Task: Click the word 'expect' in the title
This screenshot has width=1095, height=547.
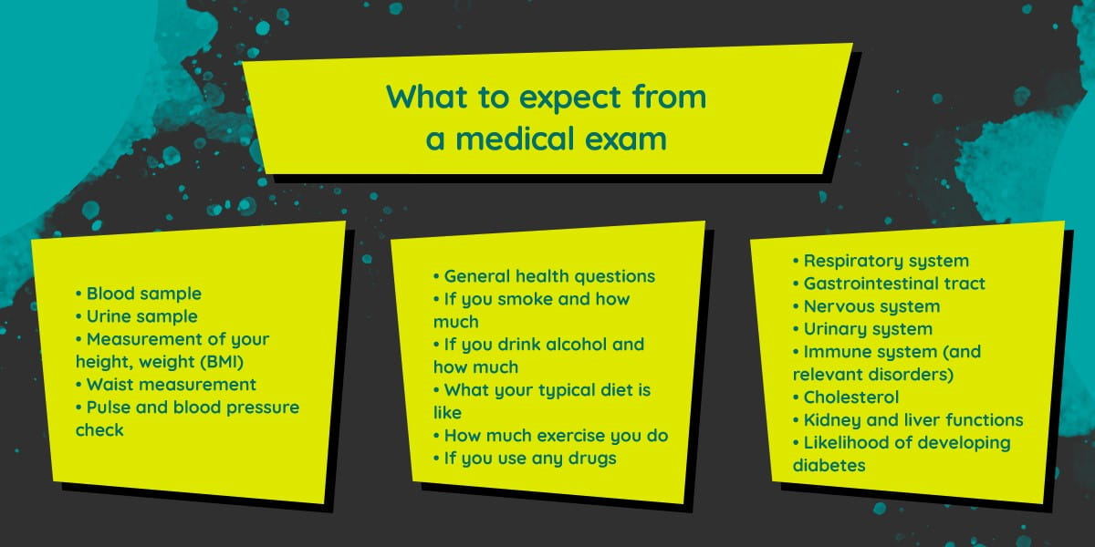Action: (x=569, y=98)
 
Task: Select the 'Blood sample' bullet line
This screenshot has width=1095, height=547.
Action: (x=139, y=294)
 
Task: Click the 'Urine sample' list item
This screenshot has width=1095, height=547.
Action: (x=136, y=316)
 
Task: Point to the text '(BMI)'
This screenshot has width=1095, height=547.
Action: (x=222, y=362)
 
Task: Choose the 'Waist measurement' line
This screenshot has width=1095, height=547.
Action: (x=166, y=385)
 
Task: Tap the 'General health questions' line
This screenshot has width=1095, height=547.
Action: (x=544, y=276)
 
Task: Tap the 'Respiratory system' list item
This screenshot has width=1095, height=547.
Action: (x=881, y=261)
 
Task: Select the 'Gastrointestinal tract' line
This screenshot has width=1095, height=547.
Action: (x=889, y=284)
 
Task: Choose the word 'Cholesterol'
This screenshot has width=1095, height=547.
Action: (x=851, y=397)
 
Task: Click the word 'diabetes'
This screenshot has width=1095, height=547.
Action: (x=829, y=466)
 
